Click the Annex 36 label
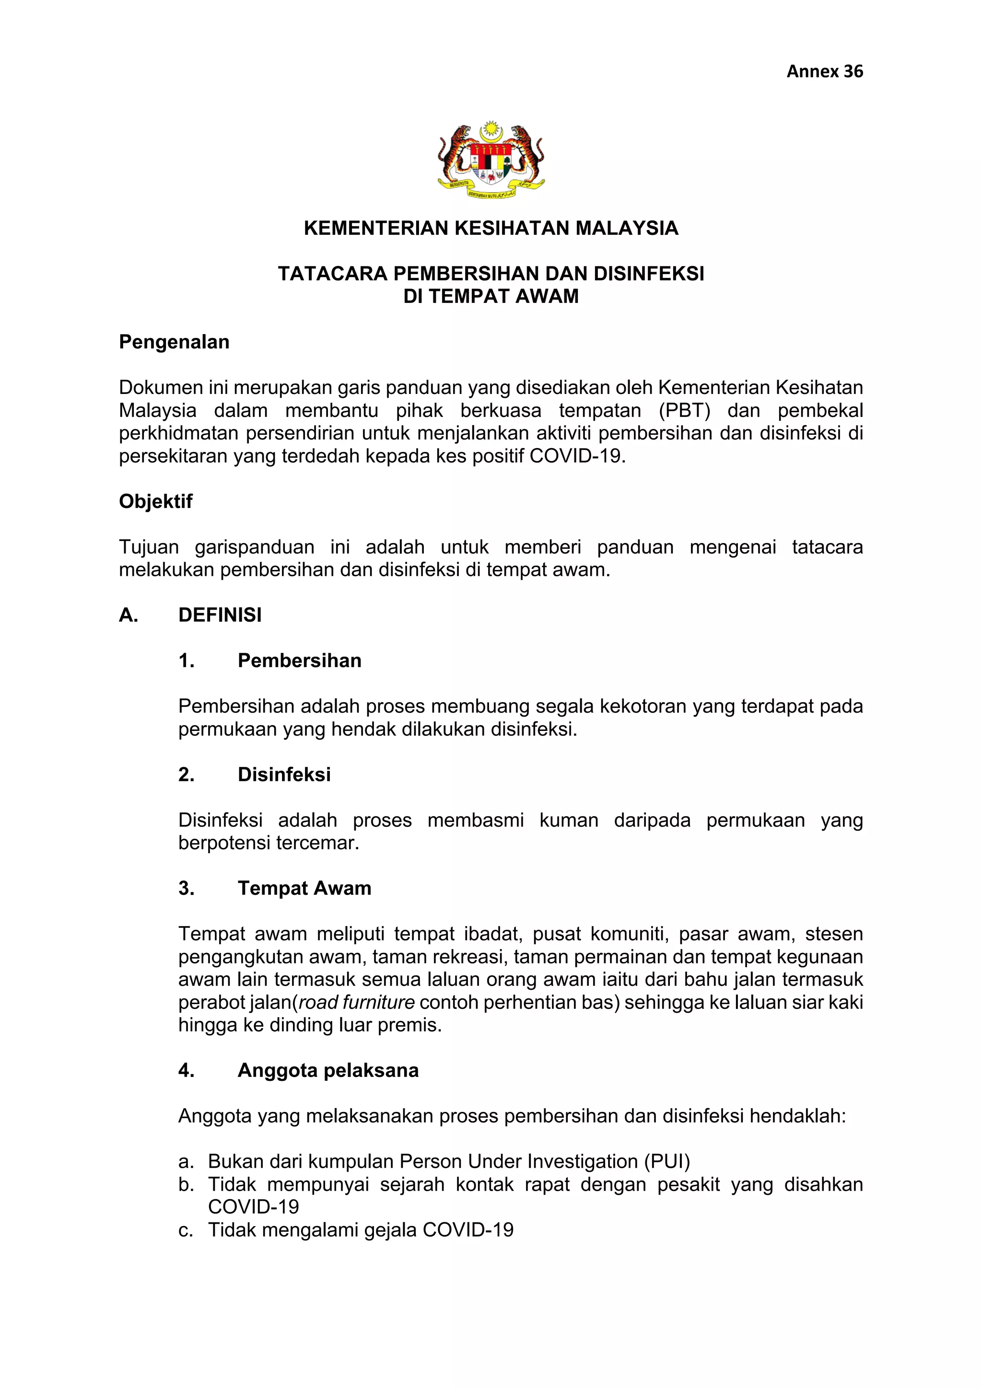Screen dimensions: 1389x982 point(824,71)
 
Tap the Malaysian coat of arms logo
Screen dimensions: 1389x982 point(491,160)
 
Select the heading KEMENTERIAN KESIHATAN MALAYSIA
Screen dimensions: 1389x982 point(491,228)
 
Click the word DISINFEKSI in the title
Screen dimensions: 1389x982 point(649,274)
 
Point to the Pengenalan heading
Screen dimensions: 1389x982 point(174,342)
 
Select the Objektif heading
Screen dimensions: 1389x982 point(155,501)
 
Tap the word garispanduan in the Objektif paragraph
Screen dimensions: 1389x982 point(254,547)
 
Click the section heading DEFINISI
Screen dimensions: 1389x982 point(220,614)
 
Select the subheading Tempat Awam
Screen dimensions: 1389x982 point(304,888)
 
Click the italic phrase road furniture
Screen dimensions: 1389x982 point(357,1002)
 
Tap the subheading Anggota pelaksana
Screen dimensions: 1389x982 point(328,1070)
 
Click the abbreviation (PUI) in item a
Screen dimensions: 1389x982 point(667,1161)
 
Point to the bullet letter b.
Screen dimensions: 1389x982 point(185,1184)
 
